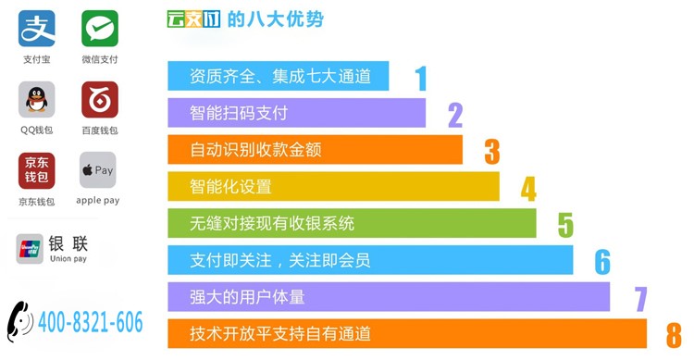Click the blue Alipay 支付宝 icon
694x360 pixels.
(37, 29)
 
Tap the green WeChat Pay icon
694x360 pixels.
(100, 29)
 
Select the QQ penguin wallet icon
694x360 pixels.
(37, 99)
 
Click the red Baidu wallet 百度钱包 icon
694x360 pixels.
(100, 99)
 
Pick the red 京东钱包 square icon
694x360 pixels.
(37, 170)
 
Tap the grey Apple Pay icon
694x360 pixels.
(98, 170)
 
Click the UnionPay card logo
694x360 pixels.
(30, 249)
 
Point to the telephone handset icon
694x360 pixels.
(20, 321)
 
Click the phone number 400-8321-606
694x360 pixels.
(91, 322)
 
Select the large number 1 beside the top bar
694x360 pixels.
(421, 79)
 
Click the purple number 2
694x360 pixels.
(455, 115)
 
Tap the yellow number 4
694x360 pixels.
(528, 189)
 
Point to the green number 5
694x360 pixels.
(565, 226)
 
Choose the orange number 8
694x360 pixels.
(674, 336)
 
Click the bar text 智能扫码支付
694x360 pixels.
(239, 113)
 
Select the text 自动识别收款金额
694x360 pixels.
(255, 150)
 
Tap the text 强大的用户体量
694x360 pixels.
(247, 297)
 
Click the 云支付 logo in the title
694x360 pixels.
(193, 19)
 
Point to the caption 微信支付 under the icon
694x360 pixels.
(100, 59)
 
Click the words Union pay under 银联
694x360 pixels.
(68, 258)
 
